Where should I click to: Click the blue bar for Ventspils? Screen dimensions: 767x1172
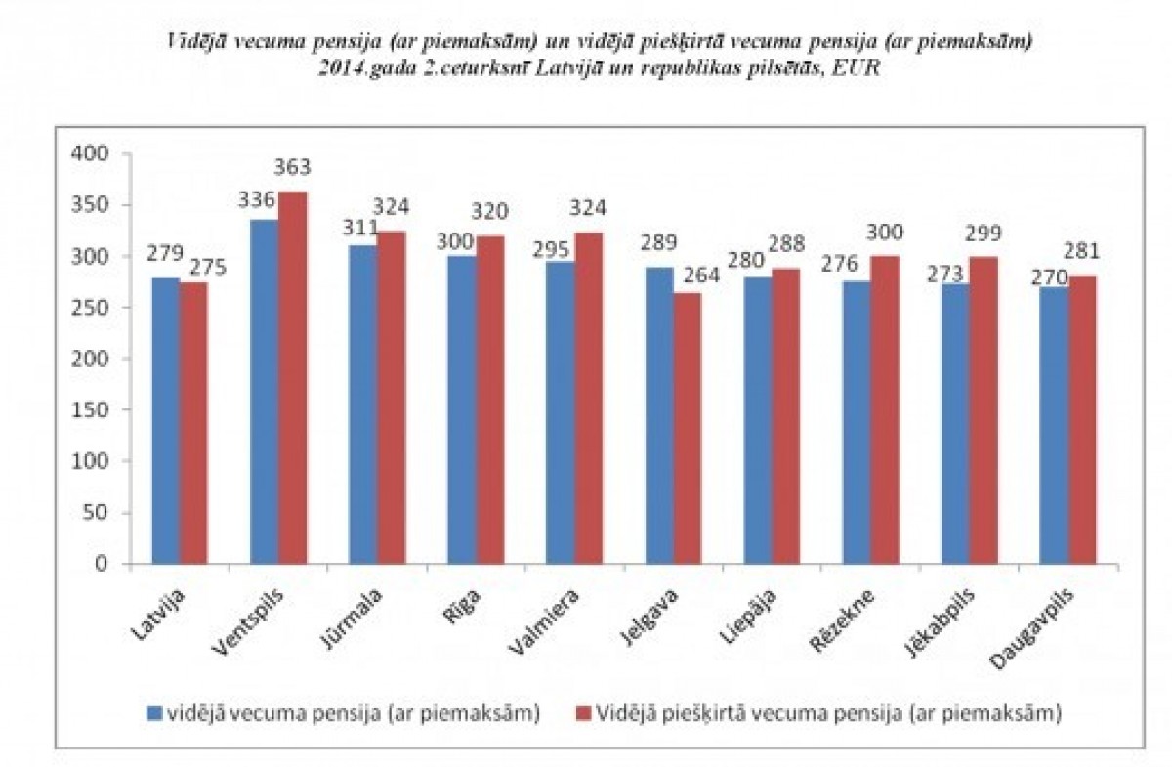(264, 392)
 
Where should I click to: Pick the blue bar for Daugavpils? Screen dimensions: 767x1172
(1054, 425)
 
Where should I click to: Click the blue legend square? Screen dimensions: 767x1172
(153, 713)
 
